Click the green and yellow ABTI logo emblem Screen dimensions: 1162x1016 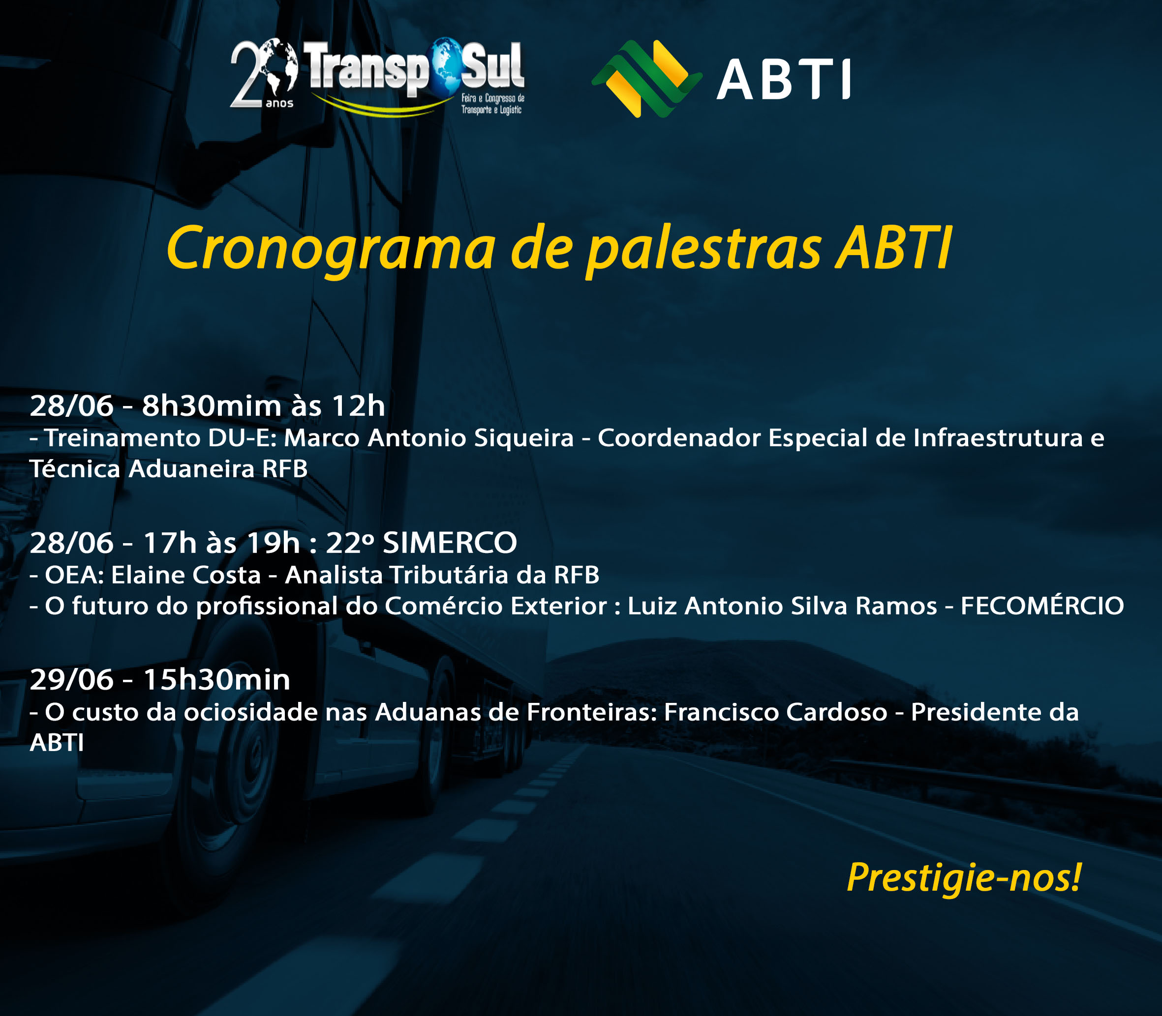pos(647,79)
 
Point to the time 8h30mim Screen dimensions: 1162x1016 pos(212,406)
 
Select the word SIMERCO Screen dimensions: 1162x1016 pos(450,543)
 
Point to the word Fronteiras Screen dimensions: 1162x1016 pos(592,712)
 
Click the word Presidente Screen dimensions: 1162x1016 pos(977,712)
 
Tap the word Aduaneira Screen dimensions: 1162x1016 pos(191,469)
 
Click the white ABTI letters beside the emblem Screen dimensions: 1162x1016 pos(784,79)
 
